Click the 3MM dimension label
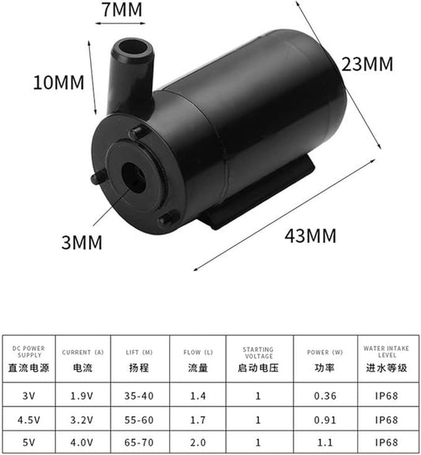pyautogui.click(x=83, y=242)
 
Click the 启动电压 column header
pyautogui.click(x=257, y=367)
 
